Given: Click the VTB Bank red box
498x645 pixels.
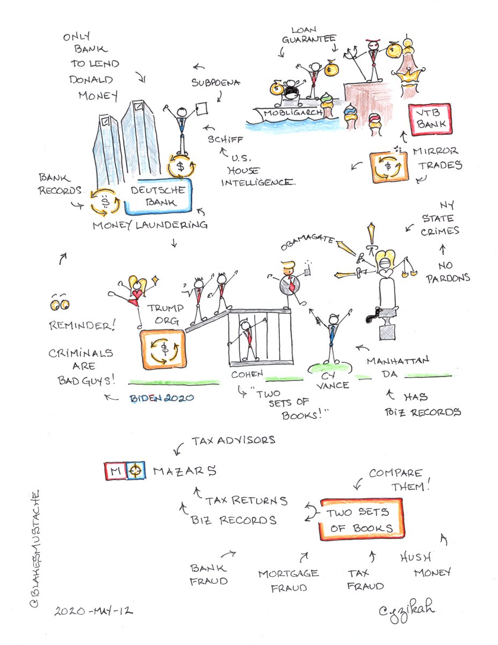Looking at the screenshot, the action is [430, 120].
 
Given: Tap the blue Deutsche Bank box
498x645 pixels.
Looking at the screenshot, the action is [158, 196].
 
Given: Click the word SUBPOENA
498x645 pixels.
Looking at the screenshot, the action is [215, 83].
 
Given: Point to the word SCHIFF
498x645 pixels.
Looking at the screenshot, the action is [226, 139].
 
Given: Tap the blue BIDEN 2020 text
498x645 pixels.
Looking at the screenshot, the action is [162, 398].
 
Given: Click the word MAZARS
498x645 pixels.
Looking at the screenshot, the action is [185, 471].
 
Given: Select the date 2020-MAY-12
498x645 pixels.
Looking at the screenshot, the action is [93, 611].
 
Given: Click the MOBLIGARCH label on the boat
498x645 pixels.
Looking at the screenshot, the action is [293, 113].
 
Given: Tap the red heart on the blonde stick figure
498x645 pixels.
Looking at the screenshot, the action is [137, 295].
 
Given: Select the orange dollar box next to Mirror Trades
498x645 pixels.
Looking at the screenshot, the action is [388, 167].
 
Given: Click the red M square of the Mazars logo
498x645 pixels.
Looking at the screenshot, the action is [115, 471].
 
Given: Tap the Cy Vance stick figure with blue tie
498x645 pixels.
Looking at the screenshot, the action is [333, 335].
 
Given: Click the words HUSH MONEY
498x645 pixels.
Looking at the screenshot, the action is [425, 564].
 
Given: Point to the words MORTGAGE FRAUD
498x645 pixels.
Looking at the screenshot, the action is [288, 581].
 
